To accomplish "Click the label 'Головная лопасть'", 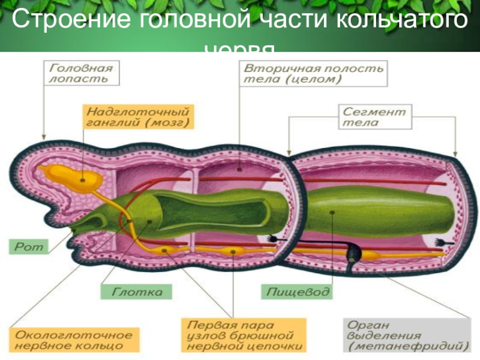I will pyautogui.click(x=82, y=73).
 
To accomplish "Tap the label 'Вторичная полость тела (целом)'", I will pyautogui.click(x=313, y=74).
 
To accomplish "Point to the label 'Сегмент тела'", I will pyautogui.click(x=374, y=116).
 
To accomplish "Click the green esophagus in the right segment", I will pyautogui.click(x=372, y=213).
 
